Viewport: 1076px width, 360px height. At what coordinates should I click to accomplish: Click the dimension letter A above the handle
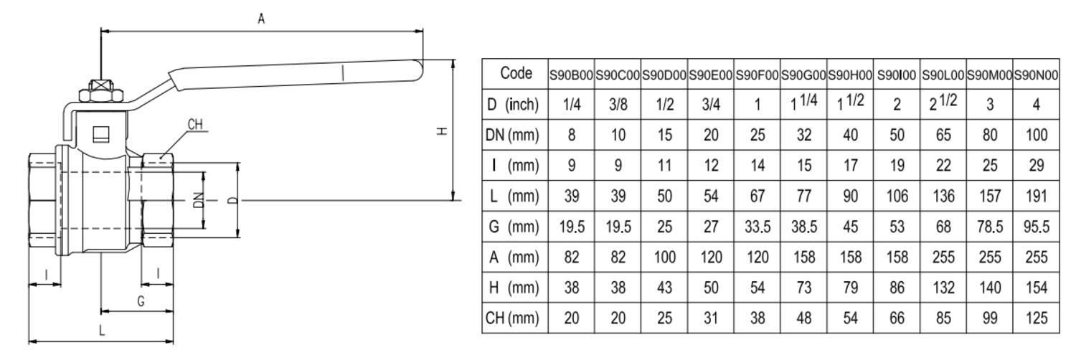[262, 19]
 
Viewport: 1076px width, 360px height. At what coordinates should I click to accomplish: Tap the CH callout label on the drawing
[195, 125]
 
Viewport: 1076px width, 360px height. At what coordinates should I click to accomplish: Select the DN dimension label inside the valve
[198, 201]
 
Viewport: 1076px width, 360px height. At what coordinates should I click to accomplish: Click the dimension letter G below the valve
[141, 301]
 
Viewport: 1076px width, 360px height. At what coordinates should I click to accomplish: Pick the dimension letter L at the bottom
[102, 331]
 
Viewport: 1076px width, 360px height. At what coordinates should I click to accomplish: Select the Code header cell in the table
[516, 73]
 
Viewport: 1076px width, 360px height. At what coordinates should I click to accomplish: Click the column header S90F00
[758, 74]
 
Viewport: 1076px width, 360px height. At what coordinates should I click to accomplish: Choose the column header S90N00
[1036, 74]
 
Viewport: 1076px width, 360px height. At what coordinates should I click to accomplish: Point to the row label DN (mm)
[512, 134]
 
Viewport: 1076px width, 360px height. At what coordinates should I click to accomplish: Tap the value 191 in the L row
[1036, 196]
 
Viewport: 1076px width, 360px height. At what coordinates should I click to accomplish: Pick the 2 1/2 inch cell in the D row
[943, 103]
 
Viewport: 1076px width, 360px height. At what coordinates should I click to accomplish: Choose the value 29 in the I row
[1036, 165]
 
